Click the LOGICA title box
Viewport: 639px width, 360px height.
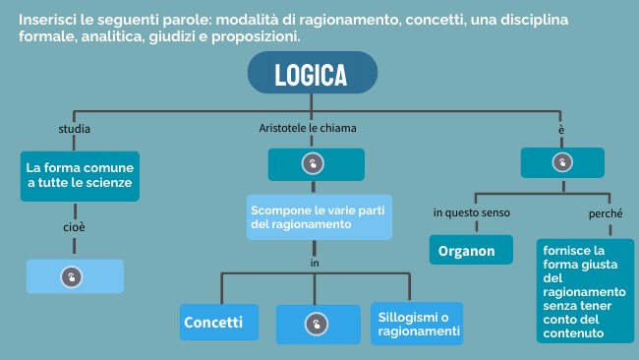[311, 75]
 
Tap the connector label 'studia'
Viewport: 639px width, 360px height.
[75, 129]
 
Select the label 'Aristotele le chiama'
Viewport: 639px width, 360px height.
[308, 129]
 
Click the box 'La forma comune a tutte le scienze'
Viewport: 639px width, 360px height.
[80, 175]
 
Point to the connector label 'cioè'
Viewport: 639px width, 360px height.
[75, 227]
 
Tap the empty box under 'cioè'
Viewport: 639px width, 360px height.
[75, 276]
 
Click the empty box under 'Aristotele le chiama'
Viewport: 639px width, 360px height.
[316, 163]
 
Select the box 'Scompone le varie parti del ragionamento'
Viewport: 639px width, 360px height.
[319, 217]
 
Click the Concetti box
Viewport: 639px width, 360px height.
[219, 322]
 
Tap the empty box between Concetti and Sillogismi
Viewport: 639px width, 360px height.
[318, 324]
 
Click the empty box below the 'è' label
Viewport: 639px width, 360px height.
[561, 162]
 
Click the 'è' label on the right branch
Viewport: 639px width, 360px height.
[561, 130]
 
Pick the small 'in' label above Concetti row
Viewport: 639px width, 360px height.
[315, 263]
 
